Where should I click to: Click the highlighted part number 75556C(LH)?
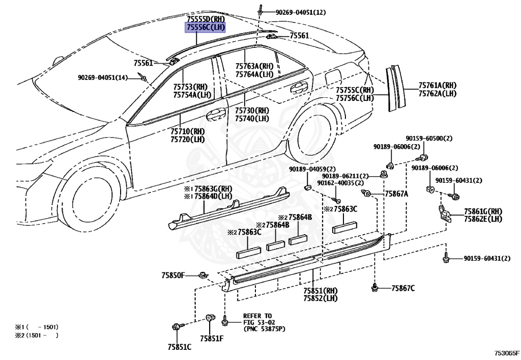coord(206,27)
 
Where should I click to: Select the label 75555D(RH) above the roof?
coord(206,19)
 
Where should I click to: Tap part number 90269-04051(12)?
coord(301,12)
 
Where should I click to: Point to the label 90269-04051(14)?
coord(103,77)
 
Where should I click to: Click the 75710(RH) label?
coord(188,132)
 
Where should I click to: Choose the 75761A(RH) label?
coord(437,86)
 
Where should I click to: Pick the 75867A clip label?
coord(396,193)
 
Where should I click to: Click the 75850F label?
coord(173,275)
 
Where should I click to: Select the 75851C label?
coord(180,347)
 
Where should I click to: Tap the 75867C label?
coord(403,288)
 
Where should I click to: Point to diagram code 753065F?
coord(507,353)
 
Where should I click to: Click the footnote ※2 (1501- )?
coord(37,335)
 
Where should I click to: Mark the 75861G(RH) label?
coord(483,211)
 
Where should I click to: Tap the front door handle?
coord(216,115)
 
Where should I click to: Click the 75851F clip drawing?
coord(209,318)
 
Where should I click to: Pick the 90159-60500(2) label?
coord(428,139)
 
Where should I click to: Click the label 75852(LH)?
coord(321,298)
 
